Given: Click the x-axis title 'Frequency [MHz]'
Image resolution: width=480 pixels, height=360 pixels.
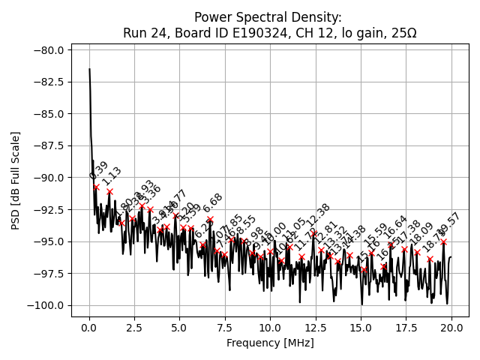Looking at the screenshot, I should (x=270, y=343).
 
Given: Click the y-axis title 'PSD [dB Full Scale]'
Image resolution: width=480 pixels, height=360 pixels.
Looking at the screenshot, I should (x=16, y=180).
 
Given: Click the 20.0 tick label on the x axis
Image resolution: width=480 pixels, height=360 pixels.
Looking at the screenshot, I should (x=451, y=327).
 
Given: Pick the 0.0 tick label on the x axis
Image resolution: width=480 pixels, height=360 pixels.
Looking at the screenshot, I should (x=89, y=327).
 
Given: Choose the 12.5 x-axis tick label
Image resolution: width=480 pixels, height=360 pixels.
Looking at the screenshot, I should (x=316, y=327).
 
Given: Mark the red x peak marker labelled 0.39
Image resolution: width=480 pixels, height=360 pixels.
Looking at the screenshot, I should (x=96, y=187).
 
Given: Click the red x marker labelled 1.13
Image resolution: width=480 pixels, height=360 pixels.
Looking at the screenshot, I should (x=109, y=191).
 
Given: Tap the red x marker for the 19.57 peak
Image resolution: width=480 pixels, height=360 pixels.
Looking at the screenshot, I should (x=443, y=241).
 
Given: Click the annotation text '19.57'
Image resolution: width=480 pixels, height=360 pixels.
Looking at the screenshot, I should (x=449, y=223).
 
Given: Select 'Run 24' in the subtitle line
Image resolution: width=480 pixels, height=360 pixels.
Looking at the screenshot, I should (x=143, y=33).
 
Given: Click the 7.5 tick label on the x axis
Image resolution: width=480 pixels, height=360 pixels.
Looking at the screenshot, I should (x=225, y=327).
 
